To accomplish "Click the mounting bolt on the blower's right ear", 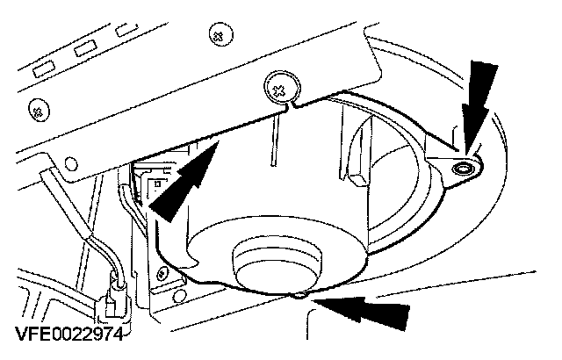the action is (x=463, y=166).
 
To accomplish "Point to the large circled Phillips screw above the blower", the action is (x=278, y=88).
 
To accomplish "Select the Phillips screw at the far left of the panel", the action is (x=38, y=111).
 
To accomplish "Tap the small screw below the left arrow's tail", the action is (x=162, y=274).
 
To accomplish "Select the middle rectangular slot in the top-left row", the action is (x=86, y=47).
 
